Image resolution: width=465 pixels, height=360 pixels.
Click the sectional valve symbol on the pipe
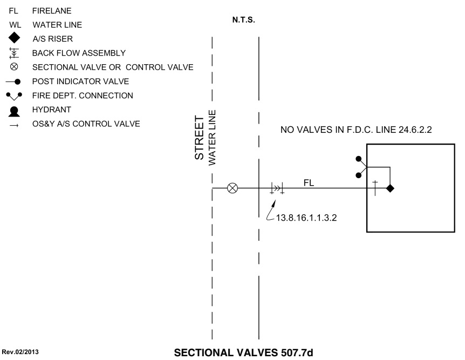[233, 188]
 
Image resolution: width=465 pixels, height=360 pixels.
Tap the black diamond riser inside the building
[390, 188]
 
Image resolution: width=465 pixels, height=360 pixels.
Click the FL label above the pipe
[309, 183]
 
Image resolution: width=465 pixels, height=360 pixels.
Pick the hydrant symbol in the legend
[15, 110]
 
